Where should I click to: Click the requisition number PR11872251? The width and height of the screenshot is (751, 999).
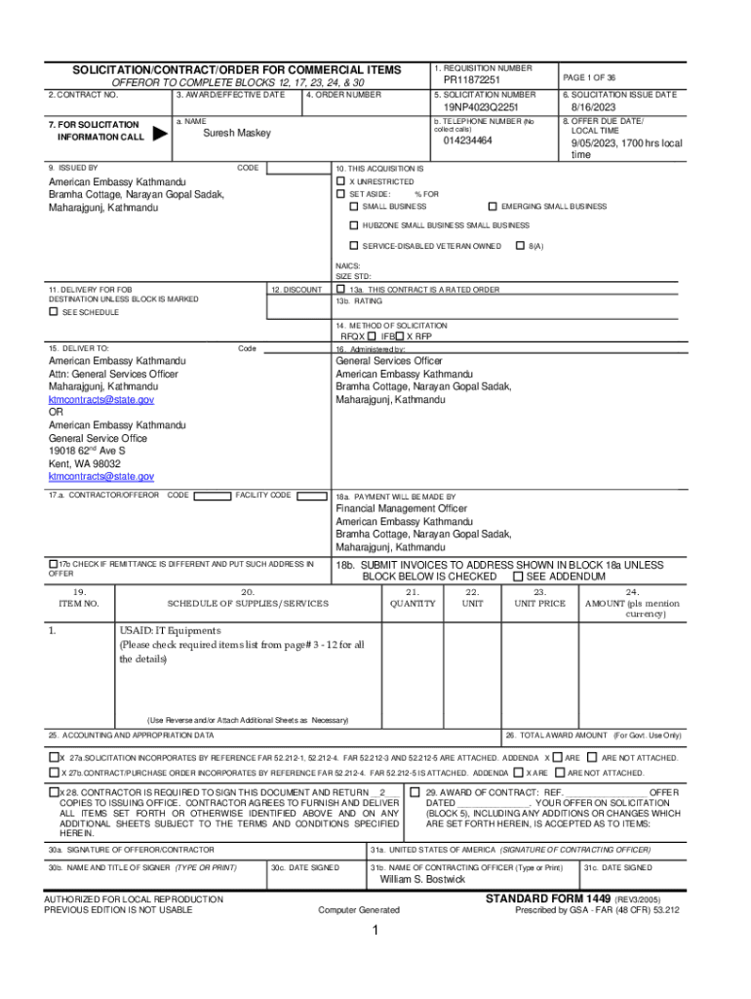pyautogui.click(x=472, y=80)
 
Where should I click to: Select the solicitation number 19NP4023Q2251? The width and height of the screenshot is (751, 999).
pyautogui.click(x=481, y=107)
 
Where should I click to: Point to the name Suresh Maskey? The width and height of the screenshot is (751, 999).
pyautogui.click(x=237, y=134)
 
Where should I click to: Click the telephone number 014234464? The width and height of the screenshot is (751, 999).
pyautogui.click(x=468, y=141)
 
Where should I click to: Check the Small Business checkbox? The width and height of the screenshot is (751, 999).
pyautogui.click(x=354, y=207)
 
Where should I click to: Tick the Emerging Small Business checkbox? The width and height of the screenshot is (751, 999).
pyautogui.click(x=492, y=207)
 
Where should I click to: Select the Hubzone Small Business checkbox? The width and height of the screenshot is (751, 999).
pyautogui.click(x=354, y=226)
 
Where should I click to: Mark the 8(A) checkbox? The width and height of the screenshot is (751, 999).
pyautogui.click(x=520, y=246)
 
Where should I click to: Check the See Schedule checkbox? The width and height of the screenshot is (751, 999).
pyautogui.click(x=54, y=312)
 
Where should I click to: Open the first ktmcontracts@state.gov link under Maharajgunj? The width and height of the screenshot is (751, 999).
pyautogui.click(x=101, y=400)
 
